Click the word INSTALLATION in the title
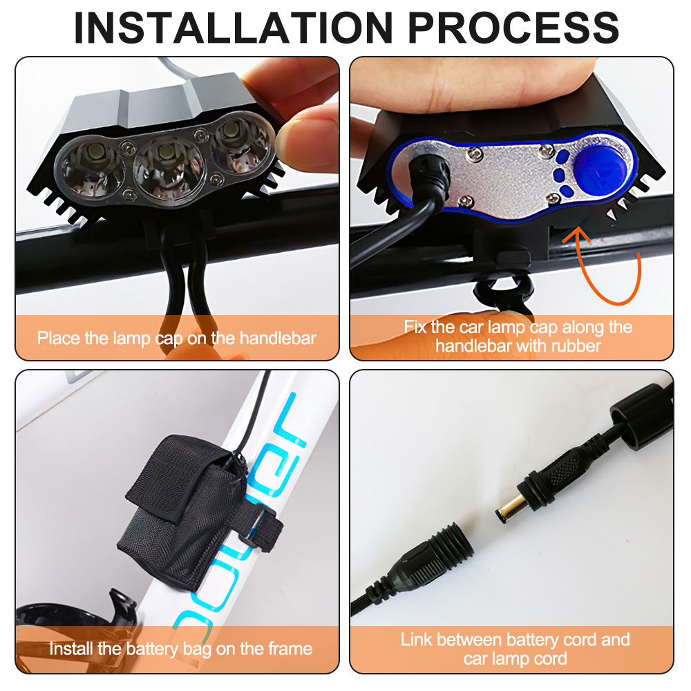pyautogui.click(x=234, y=28)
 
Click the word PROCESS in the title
pyautogui.click(x=514, y=28)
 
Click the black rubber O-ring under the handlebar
pyautogui.click(x=502, y=291)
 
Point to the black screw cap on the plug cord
pyautogui.click(x=641, y=417)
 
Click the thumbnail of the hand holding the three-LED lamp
pyautogui.click(x=177, y=209)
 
